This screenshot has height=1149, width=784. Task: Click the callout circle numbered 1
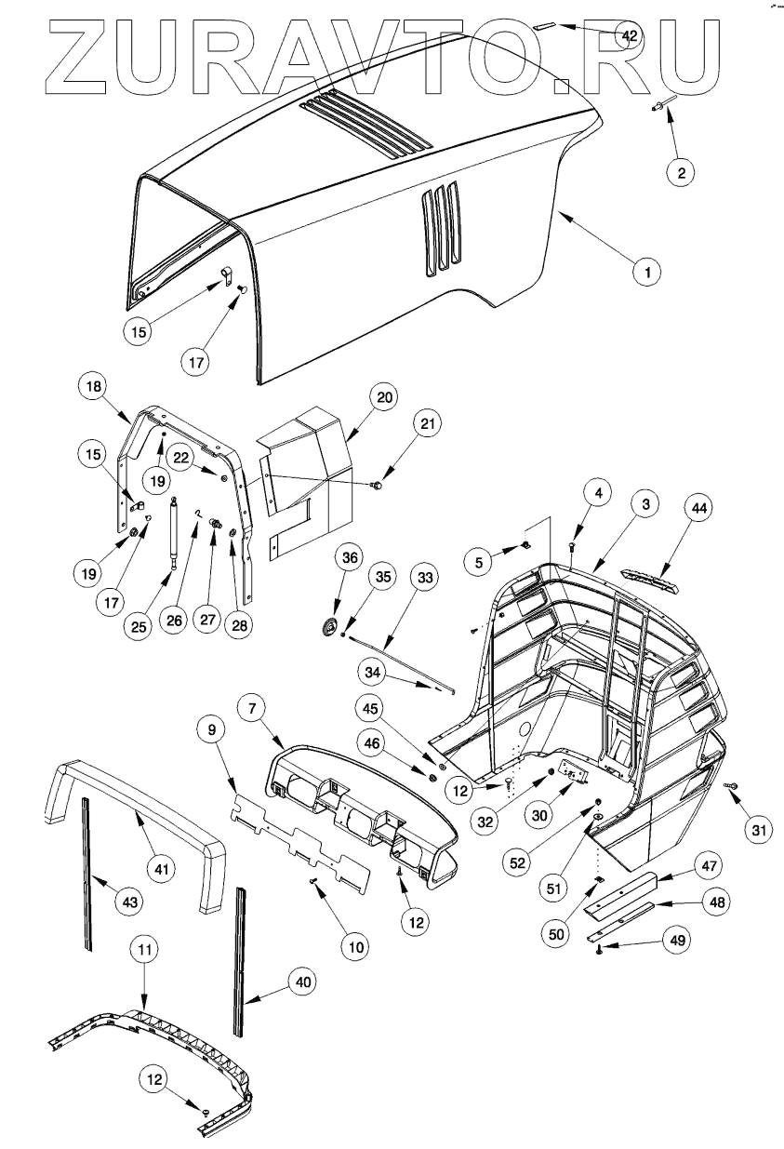point(647,273)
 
